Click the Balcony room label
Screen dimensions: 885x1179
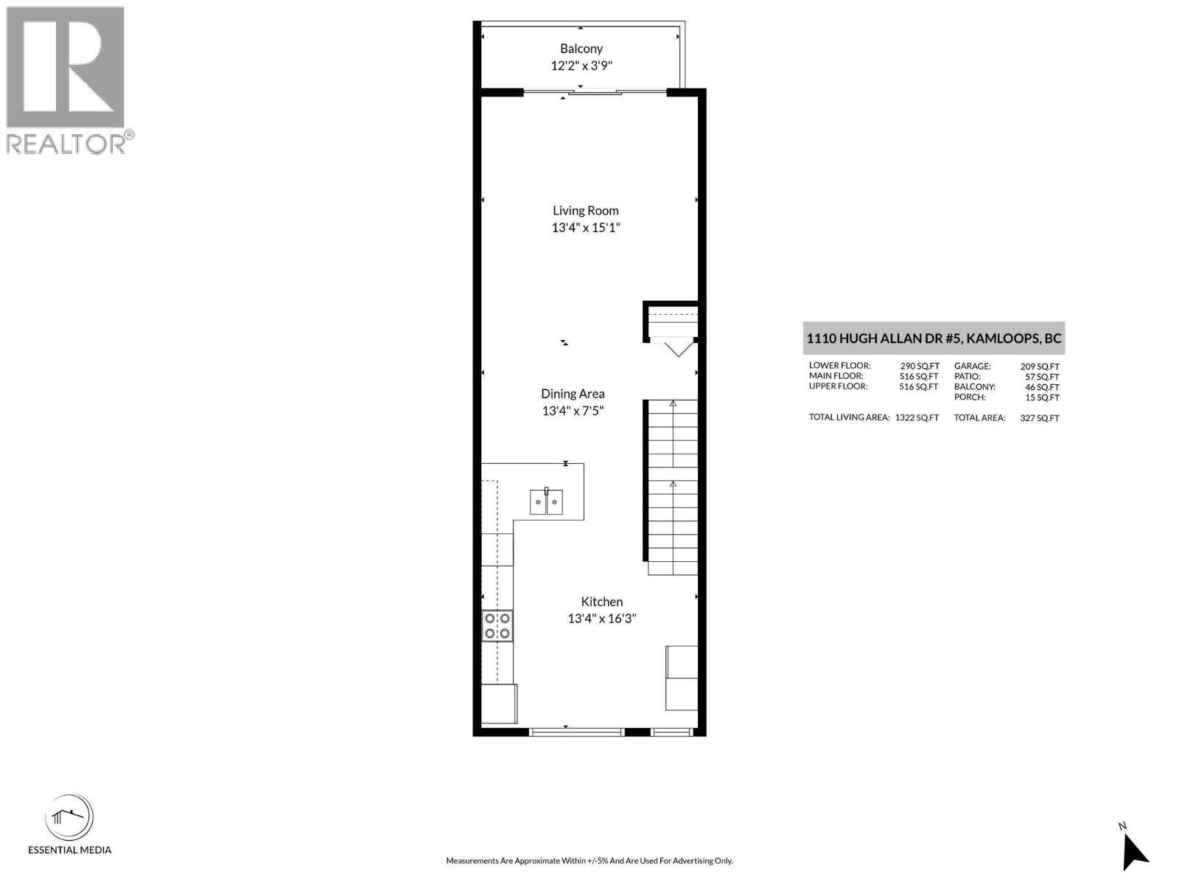(x=581, y=49)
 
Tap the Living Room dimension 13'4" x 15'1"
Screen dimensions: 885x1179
(x=586, y=227)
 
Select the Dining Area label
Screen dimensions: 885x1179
(x=573, y=394)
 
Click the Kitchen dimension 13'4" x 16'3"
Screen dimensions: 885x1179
(x=601, y=619)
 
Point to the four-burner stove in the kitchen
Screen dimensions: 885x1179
(x=497, y=625)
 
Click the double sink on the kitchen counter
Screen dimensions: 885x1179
(x=546, y=502)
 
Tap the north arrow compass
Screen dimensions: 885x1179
(x=1134, y=853)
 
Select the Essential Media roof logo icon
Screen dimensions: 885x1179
(x=69, y=817)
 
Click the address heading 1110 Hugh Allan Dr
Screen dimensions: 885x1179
(x=934, y=339)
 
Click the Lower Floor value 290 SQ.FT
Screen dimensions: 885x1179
(x=919, y=366)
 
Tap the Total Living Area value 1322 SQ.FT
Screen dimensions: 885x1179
(x=917, y=417)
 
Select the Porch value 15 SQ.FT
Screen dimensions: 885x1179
(x=1042, y=398)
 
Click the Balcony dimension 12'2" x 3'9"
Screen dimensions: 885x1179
(x=581, y=66)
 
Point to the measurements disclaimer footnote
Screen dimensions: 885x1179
(x=589, y=861)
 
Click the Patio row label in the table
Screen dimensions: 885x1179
(x=968, y=376)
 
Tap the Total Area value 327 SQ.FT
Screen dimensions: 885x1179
(x=1040, y=418)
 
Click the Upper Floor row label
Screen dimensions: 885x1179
(x=838, y=386)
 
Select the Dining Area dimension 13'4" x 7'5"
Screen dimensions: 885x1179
(x=573, y=411)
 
